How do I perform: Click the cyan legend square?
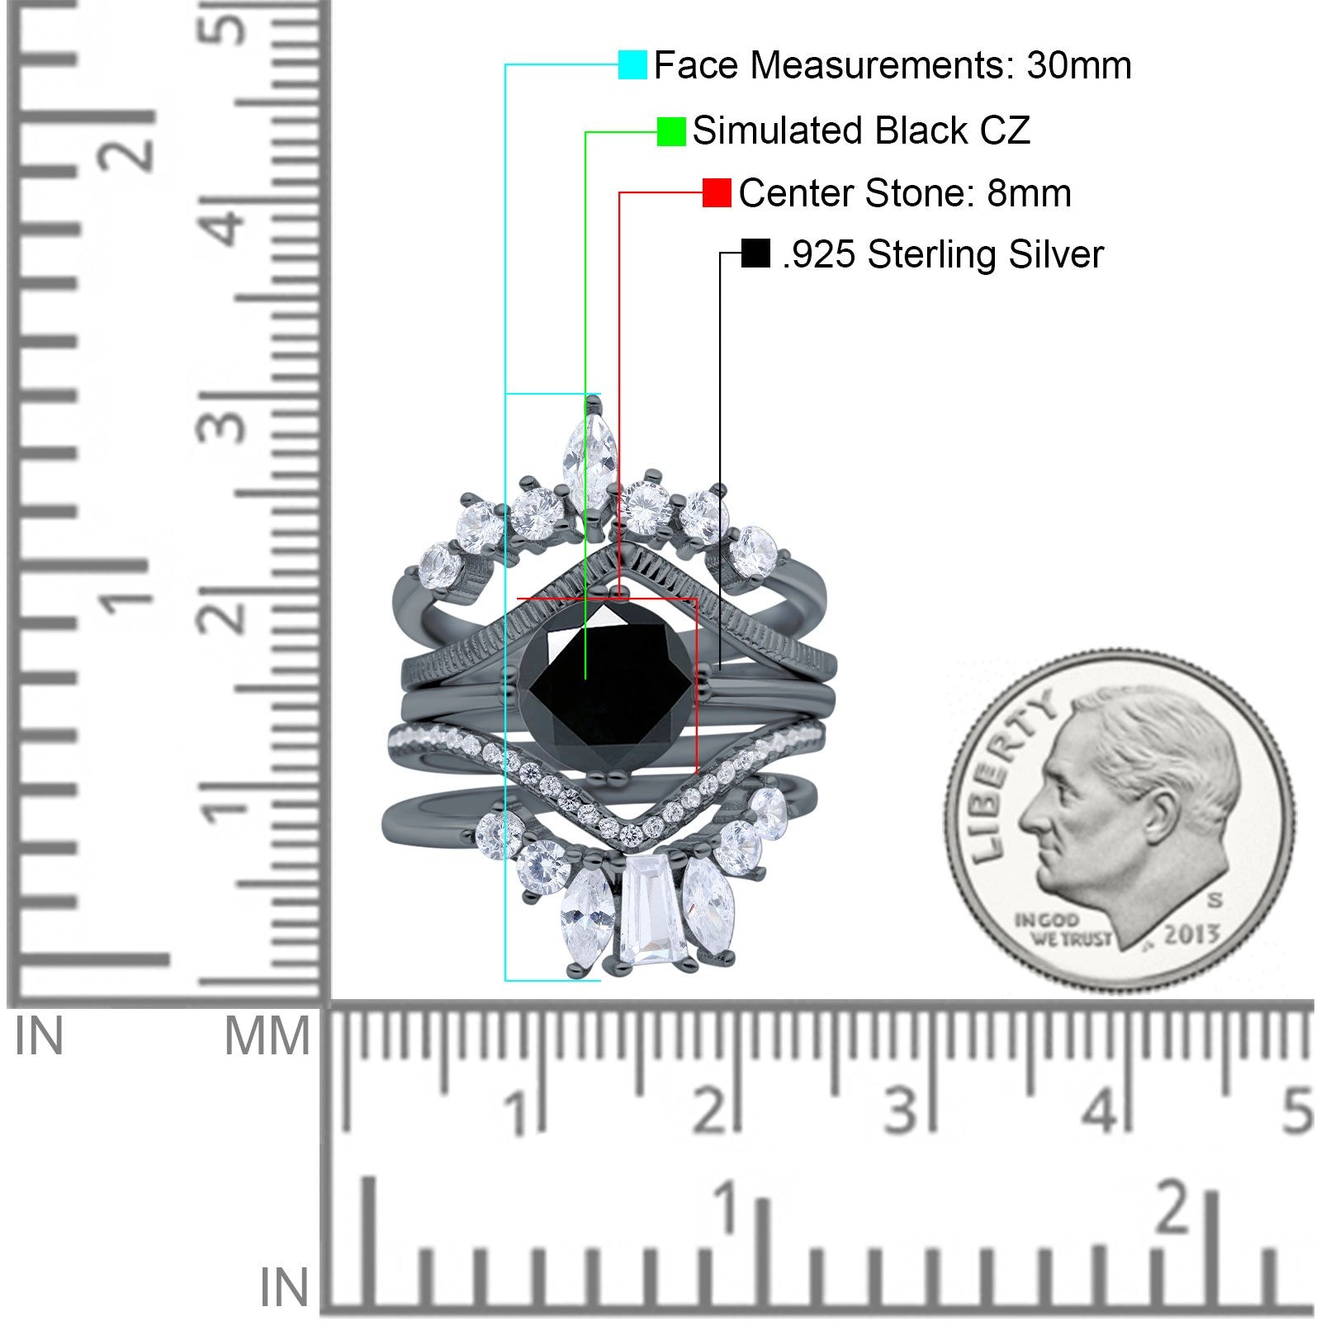(x=632, y=64)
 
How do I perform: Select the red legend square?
(x=717, y=193)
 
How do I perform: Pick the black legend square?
(x=755, y=253)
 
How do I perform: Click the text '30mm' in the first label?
(x=1079, y=65)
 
